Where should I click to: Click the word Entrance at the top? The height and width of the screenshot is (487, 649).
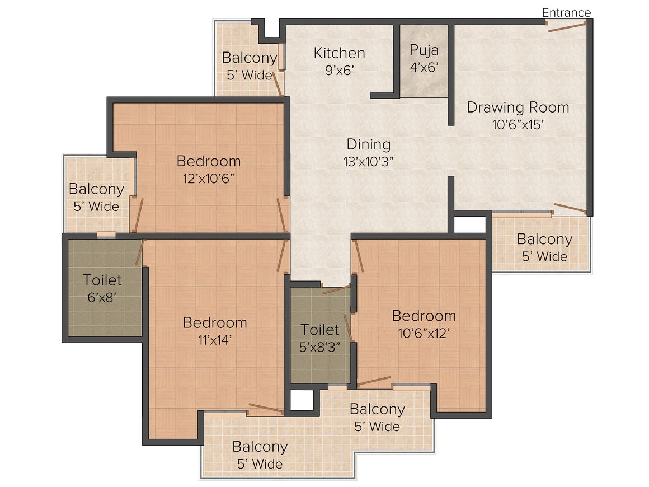[566, 12]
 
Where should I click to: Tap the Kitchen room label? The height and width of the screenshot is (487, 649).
[340, 53]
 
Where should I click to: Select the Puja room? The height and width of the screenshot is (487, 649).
[424, 61]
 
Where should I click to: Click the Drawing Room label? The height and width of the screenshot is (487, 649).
[518, 107]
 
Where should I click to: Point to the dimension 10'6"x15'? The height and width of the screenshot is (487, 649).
[518, 124]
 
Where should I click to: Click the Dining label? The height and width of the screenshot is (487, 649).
[368, 144]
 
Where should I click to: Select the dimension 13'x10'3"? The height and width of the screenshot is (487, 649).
[368, 162]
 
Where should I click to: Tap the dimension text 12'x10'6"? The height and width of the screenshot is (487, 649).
[209, 179]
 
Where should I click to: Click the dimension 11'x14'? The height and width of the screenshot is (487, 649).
[215, 340]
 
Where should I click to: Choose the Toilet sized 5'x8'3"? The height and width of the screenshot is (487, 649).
[321, 335]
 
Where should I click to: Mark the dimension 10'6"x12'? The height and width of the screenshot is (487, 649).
[424, 333]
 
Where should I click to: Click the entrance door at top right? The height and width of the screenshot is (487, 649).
[566, 26]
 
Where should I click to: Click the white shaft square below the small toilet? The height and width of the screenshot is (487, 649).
[302, 400]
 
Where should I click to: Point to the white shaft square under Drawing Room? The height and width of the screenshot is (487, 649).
[470, 224]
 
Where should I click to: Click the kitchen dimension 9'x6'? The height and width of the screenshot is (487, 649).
[340, 71]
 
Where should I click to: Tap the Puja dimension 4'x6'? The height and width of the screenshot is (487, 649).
[424, 67]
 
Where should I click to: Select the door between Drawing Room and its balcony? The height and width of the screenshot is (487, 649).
[570, 208]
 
